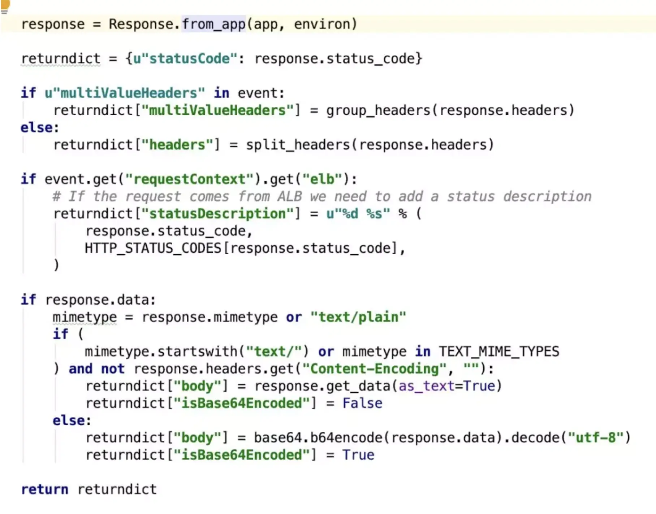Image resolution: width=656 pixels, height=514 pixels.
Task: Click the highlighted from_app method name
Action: (213, 24)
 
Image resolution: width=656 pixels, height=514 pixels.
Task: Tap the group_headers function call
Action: (378, 110)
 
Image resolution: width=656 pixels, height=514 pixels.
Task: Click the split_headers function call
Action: (298, 145)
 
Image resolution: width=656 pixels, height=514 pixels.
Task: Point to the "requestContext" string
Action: (189, 179)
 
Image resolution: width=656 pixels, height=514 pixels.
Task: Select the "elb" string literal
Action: (323, 179)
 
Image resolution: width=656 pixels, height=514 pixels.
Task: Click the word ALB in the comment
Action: (289, 197)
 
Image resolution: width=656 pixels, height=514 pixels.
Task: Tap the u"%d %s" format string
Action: (358, 214)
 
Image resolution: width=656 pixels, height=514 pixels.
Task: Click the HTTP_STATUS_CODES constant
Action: (153, 248)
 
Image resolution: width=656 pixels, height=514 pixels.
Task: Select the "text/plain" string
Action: (358, 317)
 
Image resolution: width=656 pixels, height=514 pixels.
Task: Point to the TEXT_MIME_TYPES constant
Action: (499, 352)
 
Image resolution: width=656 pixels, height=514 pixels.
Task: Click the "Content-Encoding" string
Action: (374, 369)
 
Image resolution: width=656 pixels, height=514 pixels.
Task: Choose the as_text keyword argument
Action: (426, 386)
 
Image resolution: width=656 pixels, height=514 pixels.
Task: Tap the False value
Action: (362, 403)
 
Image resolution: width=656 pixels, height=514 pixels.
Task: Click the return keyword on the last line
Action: (44, 489)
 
